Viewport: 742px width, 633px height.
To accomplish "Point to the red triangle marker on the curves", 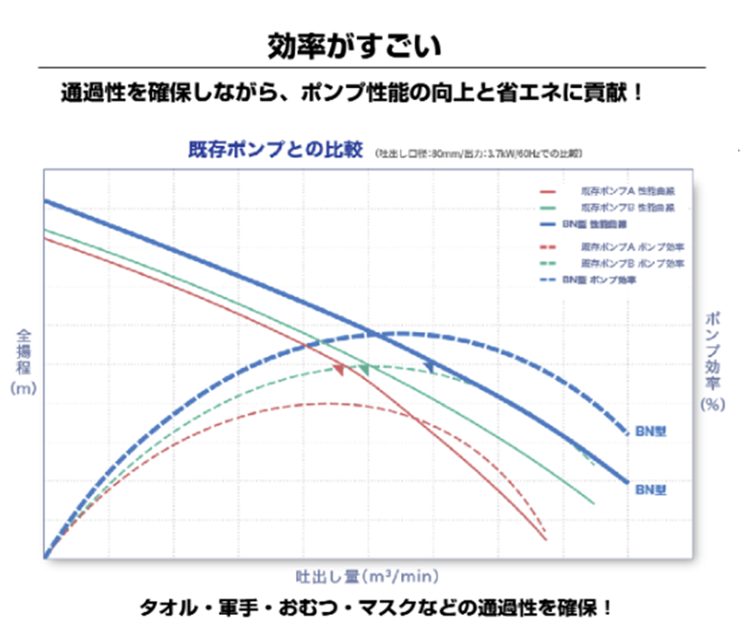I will coord(338,369).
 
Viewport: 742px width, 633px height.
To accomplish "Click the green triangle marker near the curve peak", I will coord(363,369).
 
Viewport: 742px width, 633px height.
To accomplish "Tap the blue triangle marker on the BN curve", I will coord(430,365).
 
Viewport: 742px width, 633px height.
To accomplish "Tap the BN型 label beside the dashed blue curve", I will coord(651,431).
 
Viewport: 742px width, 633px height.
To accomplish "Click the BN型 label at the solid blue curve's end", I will coord(651,489).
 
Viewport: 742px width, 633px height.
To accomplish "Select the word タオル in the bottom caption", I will coord(175,607).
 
